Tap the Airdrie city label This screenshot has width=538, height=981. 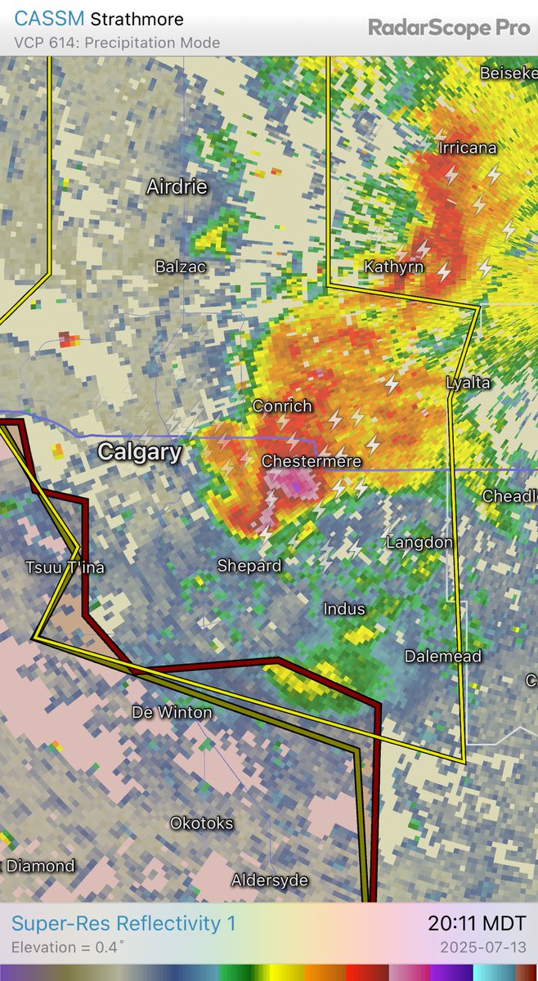point(177,187)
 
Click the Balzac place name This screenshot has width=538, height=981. point(181,267)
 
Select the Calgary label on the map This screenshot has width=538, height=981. point(139,451)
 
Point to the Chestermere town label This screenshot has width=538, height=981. point(312,462)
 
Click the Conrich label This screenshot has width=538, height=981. point(282,405)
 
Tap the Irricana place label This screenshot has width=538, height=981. point(468,148)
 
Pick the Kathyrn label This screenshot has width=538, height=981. point(394,267)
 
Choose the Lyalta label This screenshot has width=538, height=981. point(469,383)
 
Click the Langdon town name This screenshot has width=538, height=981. point(419,542)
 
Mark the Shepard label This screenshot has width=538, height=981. point(249,566)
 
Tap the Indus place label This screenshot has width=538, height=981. point(344,609)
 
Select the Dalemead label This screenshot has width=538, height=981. point(443,656)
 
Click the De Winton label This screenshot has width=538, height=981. point(172,713)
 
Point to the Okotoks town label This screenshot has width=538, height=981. point(201,823)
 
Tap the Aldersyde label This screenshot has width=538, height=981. point(270,880)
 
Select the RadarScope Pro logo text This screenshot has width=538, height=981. point(449,28)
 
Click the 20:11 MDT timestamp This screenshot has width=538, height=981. point(475,924)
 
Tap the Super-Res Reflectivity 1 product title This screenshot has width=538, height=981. point(123,924)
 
